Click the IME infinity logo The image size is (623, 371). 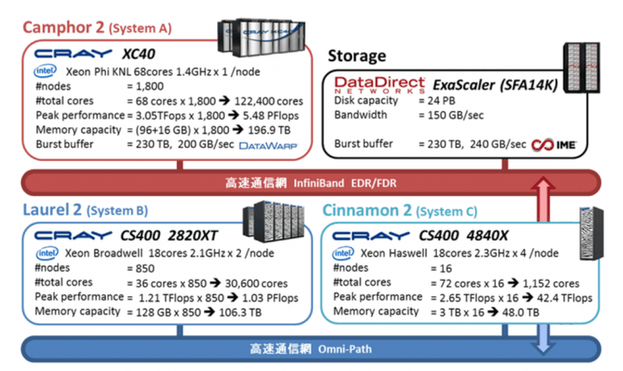[554, 144]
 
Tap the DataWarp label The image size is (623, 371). [269, 146]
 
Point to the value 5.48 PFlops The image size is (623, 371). [265, 115]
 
